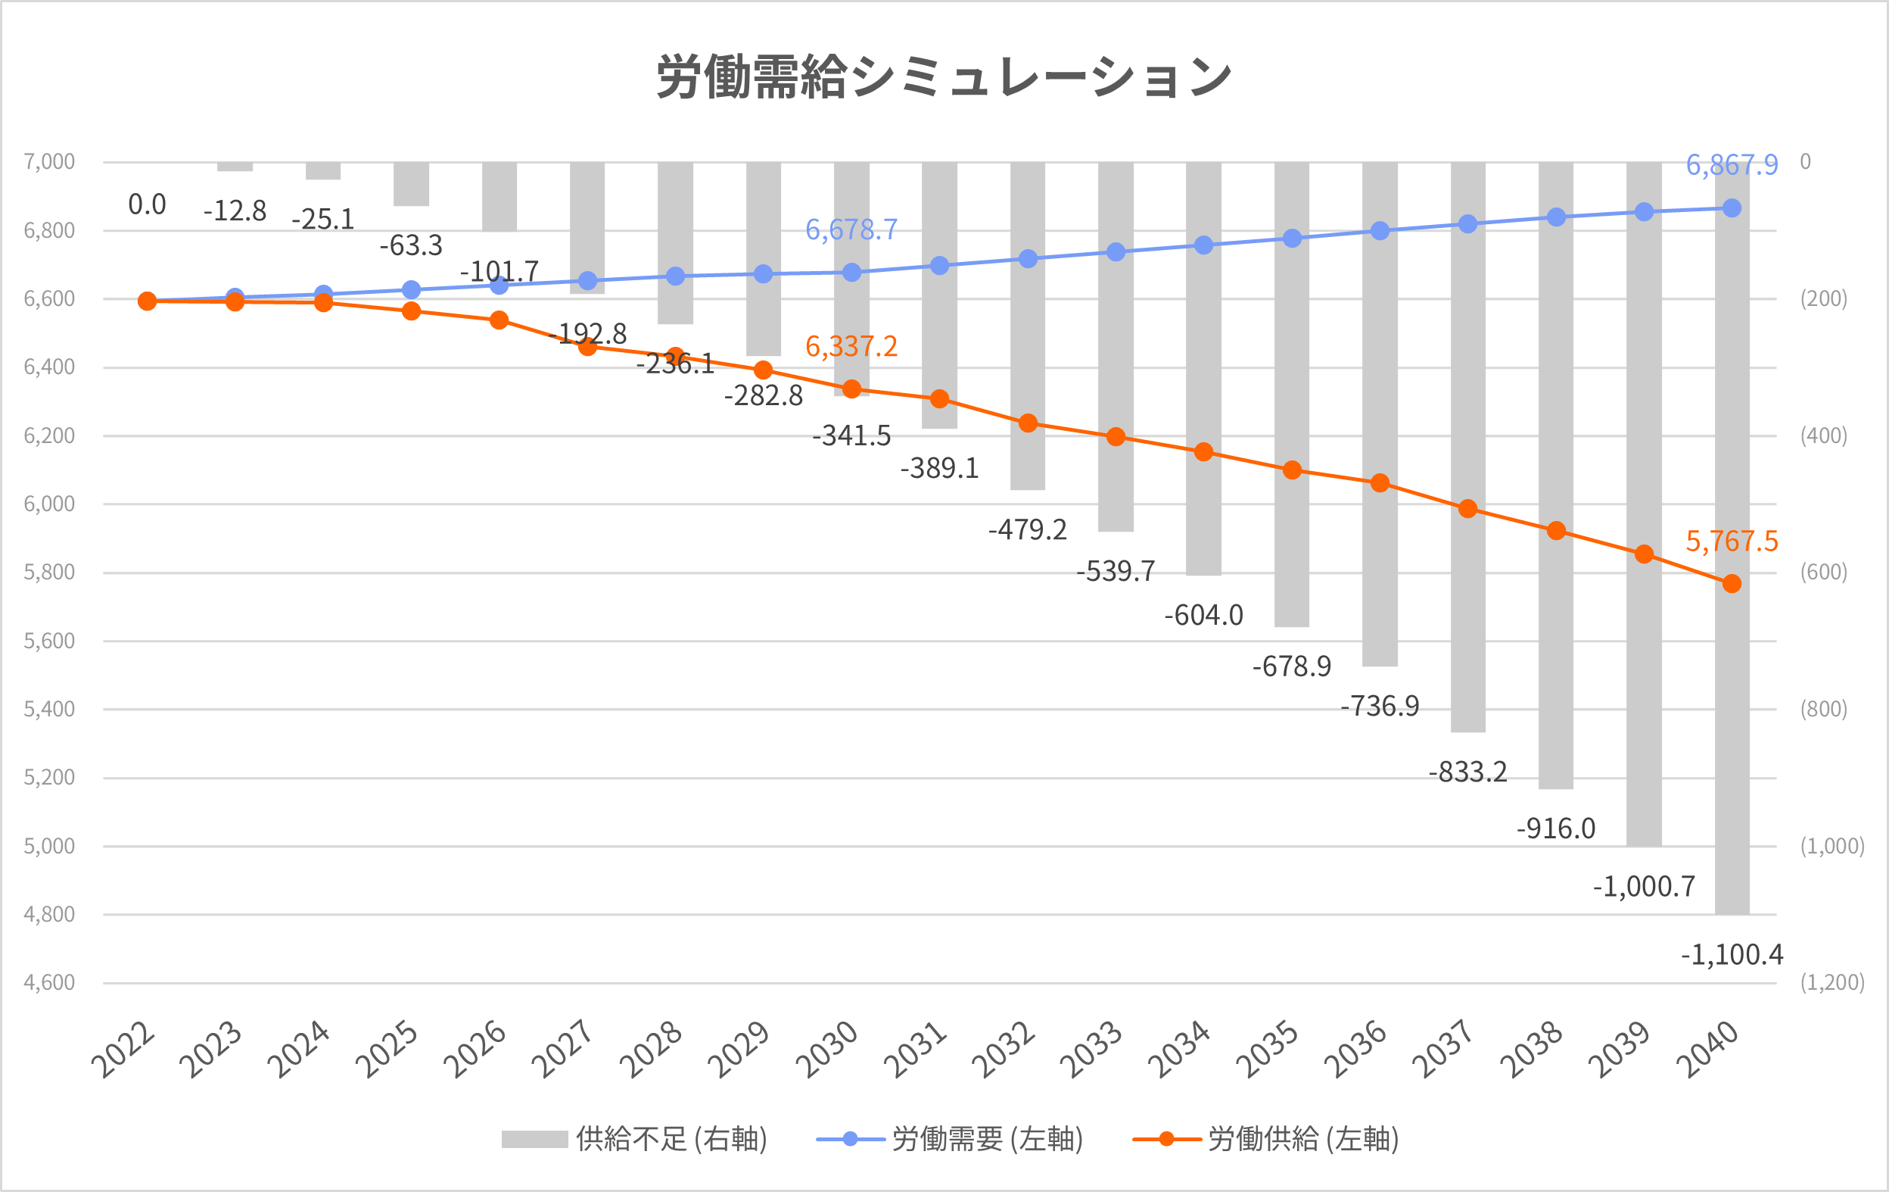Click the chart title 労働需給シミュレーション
(x=944, y=77)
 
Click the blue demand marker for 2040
(x=1732, y=208)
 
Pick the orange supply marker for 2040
(x=1732, y=584)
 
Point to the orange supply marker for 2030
(x=851, y=389)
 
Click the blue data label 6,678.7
(x=851, y=230)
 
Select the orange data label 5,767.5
(x=1732, y=541)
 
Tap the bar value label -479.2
(x=1027, y=529)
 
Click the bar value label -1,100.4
(x=1732, y=955)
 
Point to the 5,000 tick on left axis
(x=48, y=846)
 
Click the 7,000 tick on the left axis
(x=48, y=161)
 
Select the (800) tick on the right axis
(x=1823, y=710)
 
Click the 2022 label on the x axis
(x=123, y=1049)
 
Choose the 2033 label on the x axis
(x=1091, y=1049)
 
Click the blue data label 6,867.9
(x=1732, y=166)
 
